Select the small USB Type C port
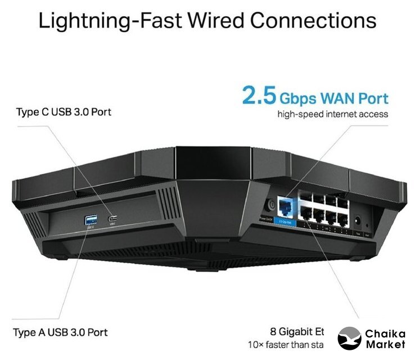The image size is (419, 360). point(113,219)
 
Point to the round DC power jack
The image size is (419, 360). point(358,220)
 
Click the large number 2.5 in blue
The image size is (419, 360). point(259,96)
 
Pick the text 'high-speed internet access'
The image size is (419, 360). point(333,114)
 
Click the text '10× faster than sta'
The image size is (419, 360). point(286,344)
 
